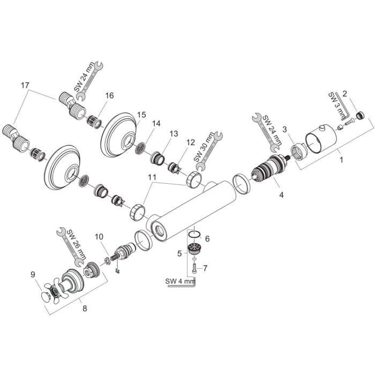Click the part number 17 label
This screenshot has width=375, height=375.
[x=25, y=85]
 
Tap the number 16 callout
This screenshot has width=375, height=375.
[x=110, y=95]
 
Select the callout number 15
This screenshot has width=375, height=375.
[x=141, y=115]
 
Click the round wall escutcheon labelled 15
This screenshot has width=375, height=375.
[x=118, y=132]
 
